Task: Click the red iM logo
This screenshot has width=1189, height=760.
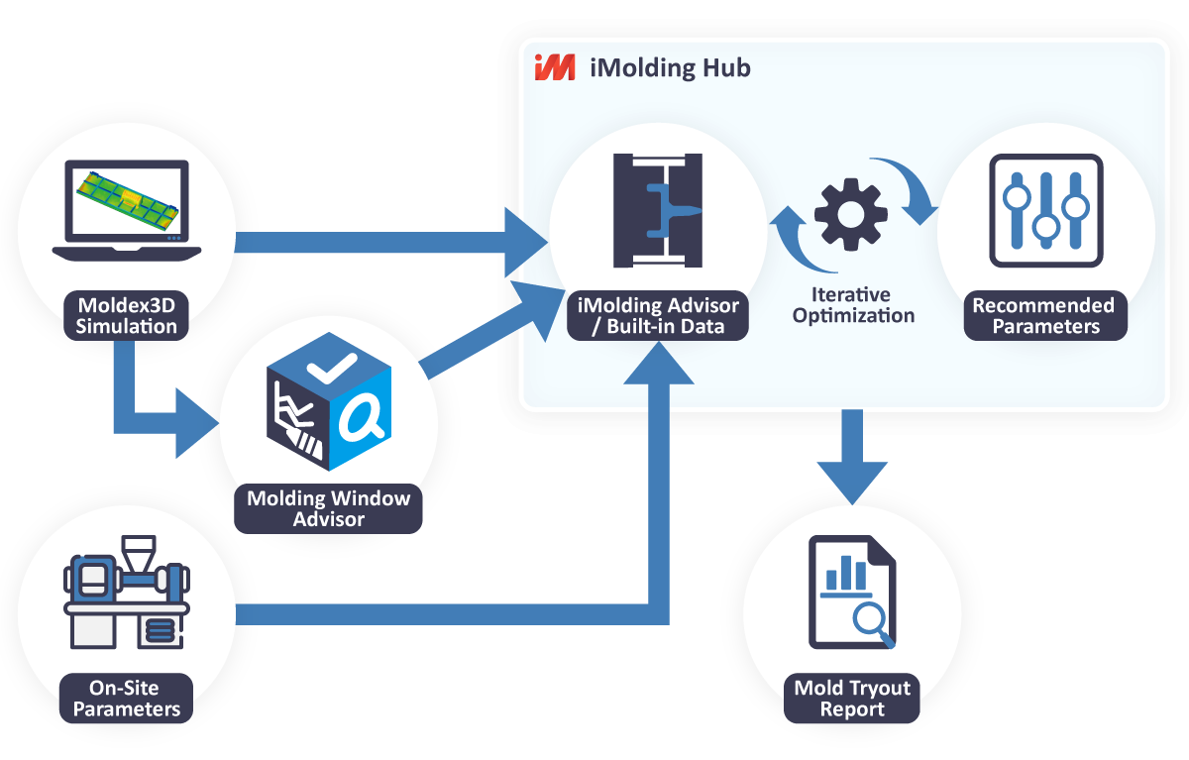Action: (x=554, y=67)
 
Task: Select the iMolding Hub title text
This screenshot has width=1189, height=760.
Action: (x=670, y=67)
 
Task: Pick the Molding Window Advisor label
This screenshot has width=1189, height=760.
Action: (x=328, y=508)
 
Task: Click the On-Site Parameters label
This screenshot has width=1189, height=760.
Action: (x=127, y=698)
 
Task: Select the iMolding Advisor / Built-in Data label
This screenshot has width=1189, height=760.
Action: (x=657, y=314)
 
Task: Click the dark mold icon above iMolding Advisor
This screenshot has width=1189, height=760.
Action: (x=658, y=210)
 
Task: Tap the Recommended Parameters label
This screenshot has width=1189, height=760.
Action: (x=1044, y=315)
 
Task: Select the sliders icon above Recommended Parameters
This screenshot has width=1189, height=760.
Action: (x=1045, y=209)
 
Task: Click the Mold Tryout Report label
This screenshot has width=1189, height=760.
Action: (x=851, y=699)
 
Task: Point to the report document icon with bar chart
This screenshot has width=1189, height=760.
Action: (x=851, y=591)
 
